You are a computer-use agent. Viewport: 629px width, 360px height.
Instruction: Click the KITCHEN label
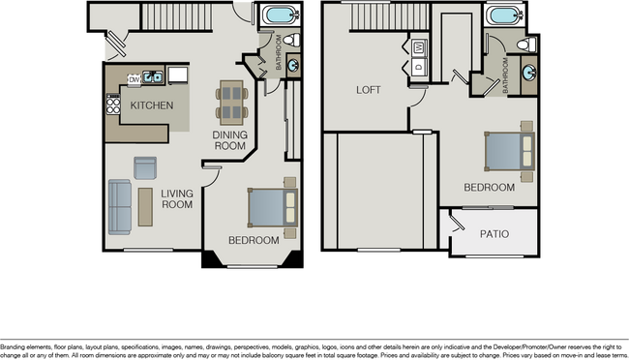(x=152, y=105)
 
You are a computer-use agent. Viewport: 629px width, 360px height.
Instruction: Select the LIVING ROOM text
(x=177, y=198)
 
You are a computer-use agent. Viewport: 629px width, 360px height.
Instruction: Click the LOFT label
(x=369, y=90)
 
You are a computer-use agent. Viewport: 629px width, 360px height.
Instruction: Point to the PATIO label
(x=494, y=234)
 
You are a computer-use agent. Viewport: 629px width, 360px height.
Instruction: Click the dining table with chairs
(x=232, y=98)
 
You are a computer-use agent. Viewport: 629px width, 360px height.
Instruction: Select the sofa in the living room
(x=120, y=207)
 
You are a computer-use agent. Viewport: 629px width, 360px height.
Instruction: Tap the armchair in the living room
(x=145, y=167)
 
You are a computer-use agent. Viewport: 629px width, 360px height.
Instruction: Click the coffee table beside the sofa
(x=145, y=207)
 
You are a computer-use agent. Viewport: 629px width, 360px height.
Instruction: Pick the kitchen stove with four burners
(x=113, y=103)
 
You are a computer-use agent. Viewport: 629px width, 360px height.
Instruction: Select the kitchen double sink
(x=152, y=75)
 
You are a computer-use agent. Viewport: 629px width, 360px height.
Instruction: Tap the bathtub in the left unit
(x=280, y=15)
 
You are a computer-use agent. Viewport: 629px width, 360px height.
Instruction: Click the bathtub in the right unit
(x=504, y=15)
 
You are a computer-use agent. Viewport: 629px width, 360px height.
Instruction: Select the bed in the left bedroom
(x=272, y=205)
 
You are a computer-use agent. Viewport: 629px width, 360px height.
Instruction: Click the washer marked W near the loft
(x=420, y=46)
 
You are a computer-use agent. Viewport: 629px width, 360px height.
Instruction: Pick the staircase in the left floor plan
(x=177, y=15)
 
